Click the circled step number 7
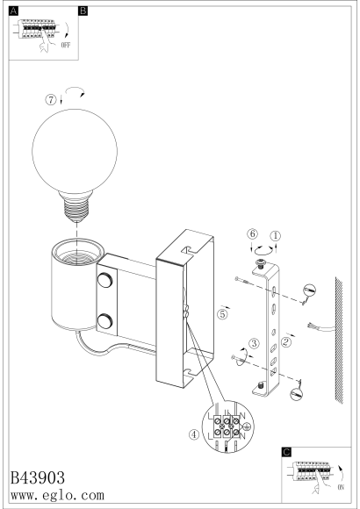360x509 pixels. coord(51,100)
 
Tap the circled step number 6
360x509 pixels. coord(252,233)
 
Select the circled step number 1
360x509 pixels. coord(276,236)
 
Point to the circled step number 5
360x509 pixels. coord(222,314)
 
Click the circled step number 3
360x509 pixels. coord(254,343)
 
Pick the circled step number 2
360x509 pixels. coord(286,342)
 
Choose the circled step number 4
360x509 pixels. coord(194,434)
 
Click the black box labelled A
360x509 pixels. coord(13,11)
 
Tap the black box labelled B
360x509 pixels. coord(83,11)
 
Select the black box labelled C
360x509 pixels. coord(286,452)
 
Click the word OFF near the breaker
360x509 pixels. coord(66,45)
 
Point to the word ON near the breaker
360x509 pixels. coord(341,487)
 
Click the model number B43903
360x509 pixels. coord(38,477)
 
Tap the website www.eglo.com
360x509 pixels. coord(57,495)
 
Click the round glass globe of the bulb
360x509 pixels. coord(75,152)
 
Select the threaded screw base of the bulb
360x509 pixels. coord(76,210)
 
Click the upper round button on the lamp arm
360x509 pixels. coord(105,280)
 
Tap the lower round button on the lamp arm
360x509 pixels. coord(105,320)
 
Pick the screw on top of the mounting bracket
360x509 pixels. coord(260,263)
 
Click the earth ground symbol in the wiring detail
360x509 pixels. coord(247,427)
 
